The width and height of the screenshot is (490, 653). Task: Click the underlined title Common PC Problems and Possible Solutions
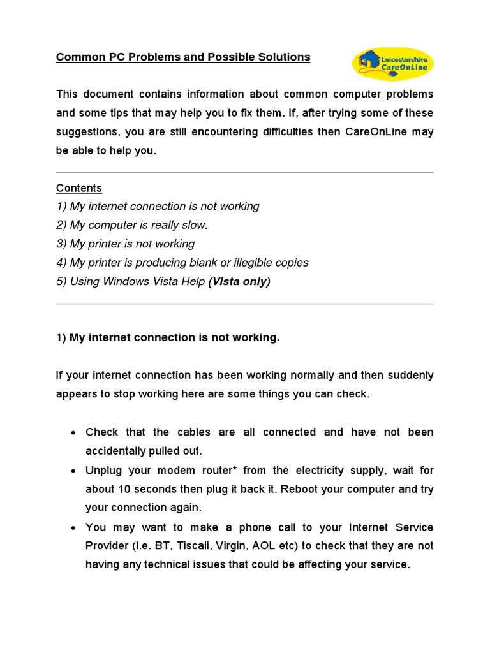183,57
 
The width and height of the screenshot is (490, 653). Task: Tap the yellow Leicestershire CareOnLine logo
393,63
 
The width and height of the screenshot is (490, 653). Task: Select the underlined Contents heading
79,188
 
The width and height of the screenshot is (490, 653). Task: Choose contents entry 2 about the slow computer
132,225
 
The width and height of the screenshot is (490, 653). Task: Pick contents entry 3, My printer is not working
125,244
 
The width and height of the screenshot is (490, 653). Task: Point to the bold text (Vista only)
239,281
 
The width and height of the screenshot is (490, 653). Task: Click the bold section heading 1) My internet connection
168,337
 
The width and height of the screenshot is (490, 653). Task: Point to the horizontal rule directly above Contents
244,173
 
